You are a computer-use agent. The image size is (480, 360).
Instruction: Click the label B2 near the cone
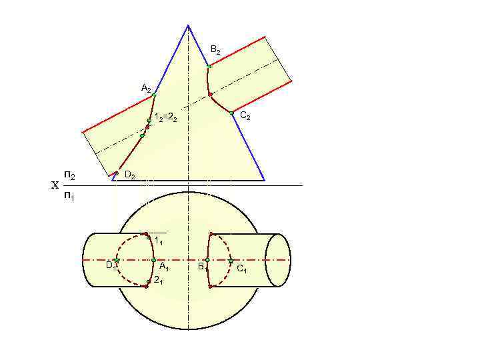coord(215,50)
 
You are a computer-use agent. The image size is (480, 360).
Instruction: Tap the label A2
coord(146,88)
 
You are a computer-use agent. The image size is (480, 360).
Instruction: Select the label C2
coord(245,117)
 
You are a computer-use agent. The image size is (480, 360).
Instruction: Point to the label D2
coord(130,176)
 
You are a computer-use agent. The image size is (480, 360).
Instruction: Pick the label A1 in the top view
coord(164,267)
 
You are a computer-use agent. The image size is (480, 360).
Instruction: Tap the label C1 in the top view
coord(241,269)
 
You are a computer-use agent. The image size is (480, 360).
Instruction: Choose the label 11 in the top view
coord(159,240)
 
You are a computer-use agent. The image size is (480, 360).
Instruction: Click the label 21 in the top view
coord(159,280)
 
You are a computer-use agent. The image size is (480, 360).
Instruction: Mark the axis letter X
coord(55,186)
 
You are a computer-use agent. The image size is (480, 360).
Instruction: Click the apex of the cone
coord(188,25)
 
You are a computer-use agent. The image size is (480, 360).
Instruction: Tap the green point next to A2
coord(154,95)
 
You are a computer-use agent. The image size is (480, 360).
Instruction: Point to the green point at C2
coord(232,113)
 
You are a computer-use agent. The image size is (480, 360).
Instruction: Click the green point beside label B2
coord(209,66)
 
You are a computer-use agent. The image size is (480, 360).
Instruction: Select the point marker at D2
coord(116,173)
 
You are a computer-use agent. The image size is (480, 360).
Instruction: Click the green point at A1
coord(153,259)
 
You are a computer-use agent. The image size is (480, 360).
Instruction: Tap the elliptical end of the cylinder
coord(278,259)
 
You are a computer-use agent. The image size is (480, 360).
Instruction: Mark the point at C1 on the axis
coord(231,259)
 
